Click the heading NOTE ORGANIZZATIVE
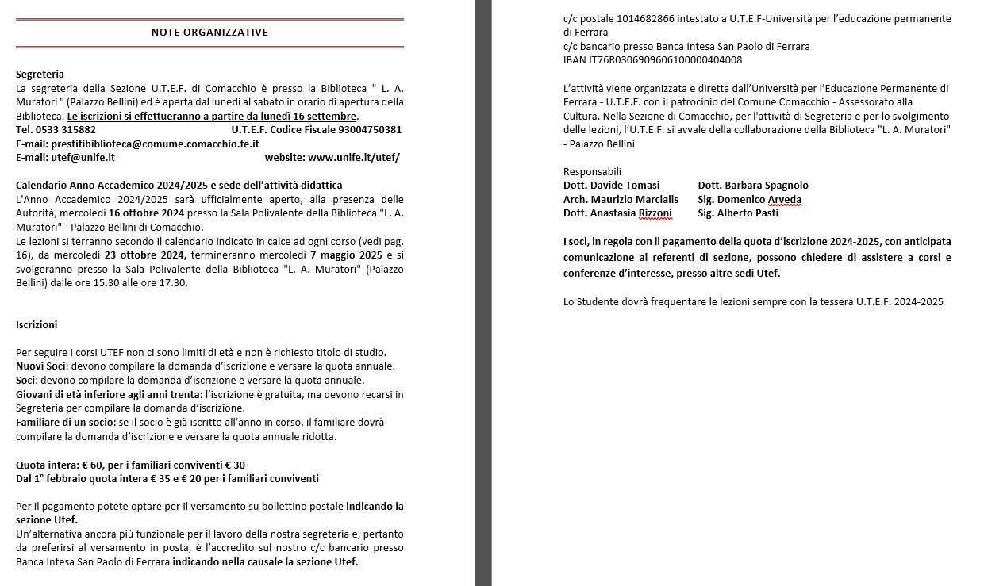pos(209,33)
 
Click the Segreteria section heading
pos(40,74)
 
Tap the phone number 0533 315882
pos(66,129)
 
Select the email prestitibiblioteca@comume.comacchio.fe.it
pos(155,144)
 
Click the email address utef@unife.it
pos(83,157)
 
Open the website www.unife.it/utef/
pos(353,157)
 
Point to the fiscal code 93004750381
pos(370,129)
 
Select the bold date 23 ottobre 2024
pos(145,255)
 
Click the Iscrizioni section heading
pos(37,324)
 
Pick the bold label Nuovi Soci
pos(41,366)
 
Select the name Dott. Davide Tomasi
pos(611,186)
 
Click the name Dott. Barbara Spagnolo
pos(753,186)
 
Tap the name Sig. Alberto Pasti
pos(738,213)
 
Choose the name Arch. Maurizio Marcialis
pos(621,199)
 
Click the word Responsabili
pos(592,171)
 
